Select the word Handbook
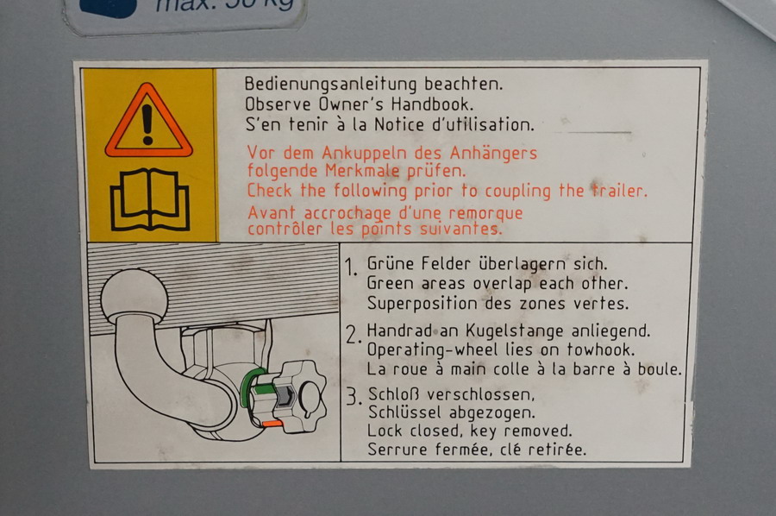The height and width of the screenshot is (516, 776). (x=432, y=104)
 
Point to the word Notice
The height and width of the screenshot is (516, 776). (x=400, y=124)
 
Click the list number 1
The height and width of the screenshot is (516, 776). (x=352, y=267)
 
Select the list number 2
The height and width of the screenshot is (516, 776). (x=354, y=336)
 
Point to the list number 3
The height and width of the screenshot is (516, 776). (x=354, y=397)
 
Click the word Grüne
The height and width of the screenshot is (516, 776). (x=391, y=263)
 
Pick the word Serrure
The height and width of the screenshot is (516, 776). (x=398, y=450)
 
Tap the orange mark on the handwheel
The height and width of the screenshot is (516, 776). (x=272, y=424)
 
